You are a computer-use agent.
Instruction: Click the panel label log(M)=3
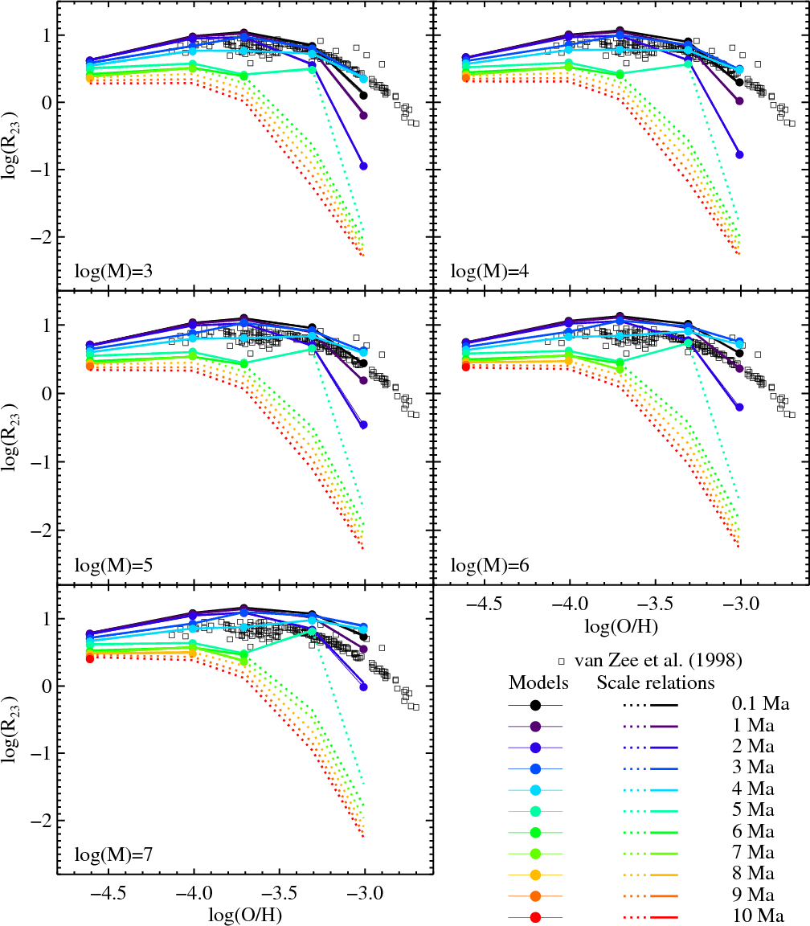[x=114, y=271]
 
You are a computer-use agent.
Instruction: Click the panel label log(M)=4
[x=490, y=271]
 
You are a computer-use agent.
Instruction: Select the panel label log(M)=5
[x=114, y=565]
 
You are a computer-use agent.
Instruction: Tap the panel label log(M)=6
[x=490, y=565]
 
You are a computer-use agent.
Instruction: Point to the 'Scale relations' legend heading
[x=656, y=683]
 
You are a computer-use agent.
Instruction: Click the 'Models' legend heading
[x=539, y=683]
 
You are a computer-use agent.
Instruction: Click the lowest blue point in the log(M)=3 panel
[x=363, y=166]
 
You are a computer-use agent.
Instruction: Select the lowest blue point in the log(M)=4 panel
[x=739, y=154]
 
